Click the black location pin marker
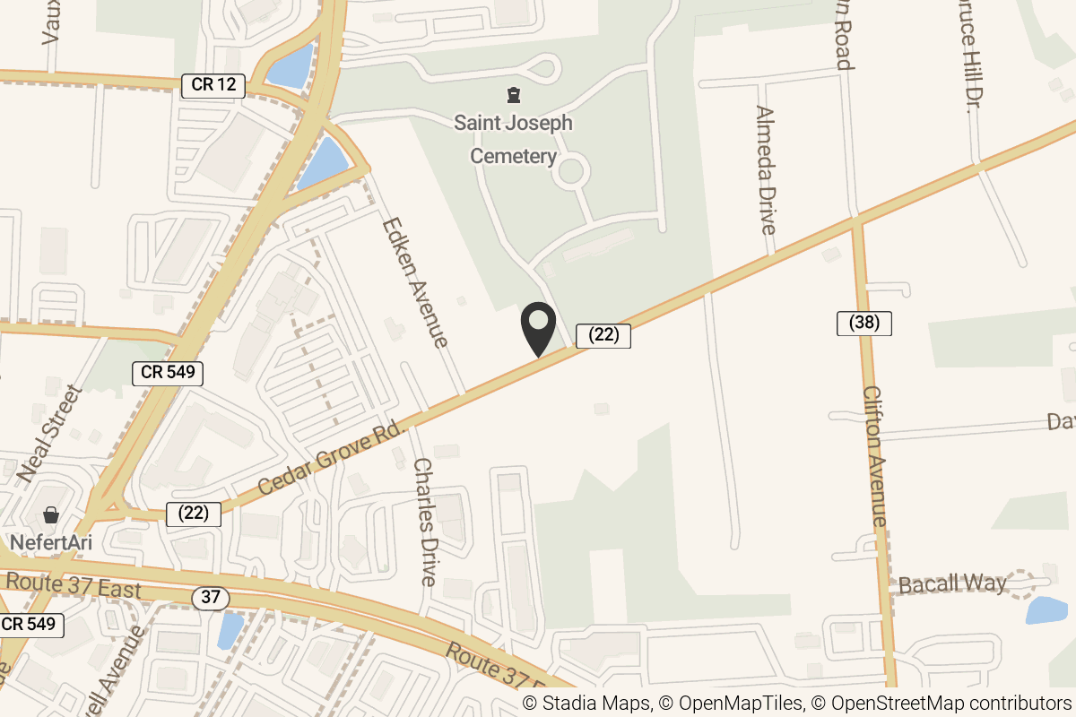pyautogui.click(x=538, y=328)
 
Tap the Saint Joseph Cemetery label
pyautogui.click(x=513, y=139)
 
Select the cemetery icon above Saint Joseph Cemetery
pyautogui.click(x=513, y=94)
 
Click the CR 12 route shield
pyautogui.click(x=213, y=85)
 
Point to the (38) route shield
pyautogui.click(x=863, y=323)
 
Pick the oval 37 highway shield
pyautogui.click(x=210, y=598)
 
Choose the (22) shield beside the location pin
pyautogui.click(x=603, y=335)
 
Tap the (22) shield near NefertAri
pyautogui.click(x=194, y=514)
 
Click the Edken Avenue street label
pyautogui.click(x=414, y=282)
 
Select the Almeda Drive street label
pyautogui.click(x=765, y=170)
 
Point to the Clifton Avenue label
pyautogui.click(x=874, y=457)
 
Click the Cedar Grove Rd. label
pyautogui.click(x=333, y=458)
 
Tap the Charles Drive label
pyautogui.click(x=424, y=522)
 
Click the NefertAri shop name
pyautogui.click(x=52, y=543)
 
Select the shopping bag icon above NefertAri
pyautogui.click(x=51, y=515)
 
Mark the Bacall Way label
pyautogui.click(x=952, y=584)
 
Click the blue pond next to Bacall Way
pyautogui.click(x=1046, y=610)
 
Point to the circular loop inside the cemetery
pyautogui.click(x=571, y=169)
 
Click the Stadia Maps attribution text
pyautogui.click(x=586, y=704)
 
